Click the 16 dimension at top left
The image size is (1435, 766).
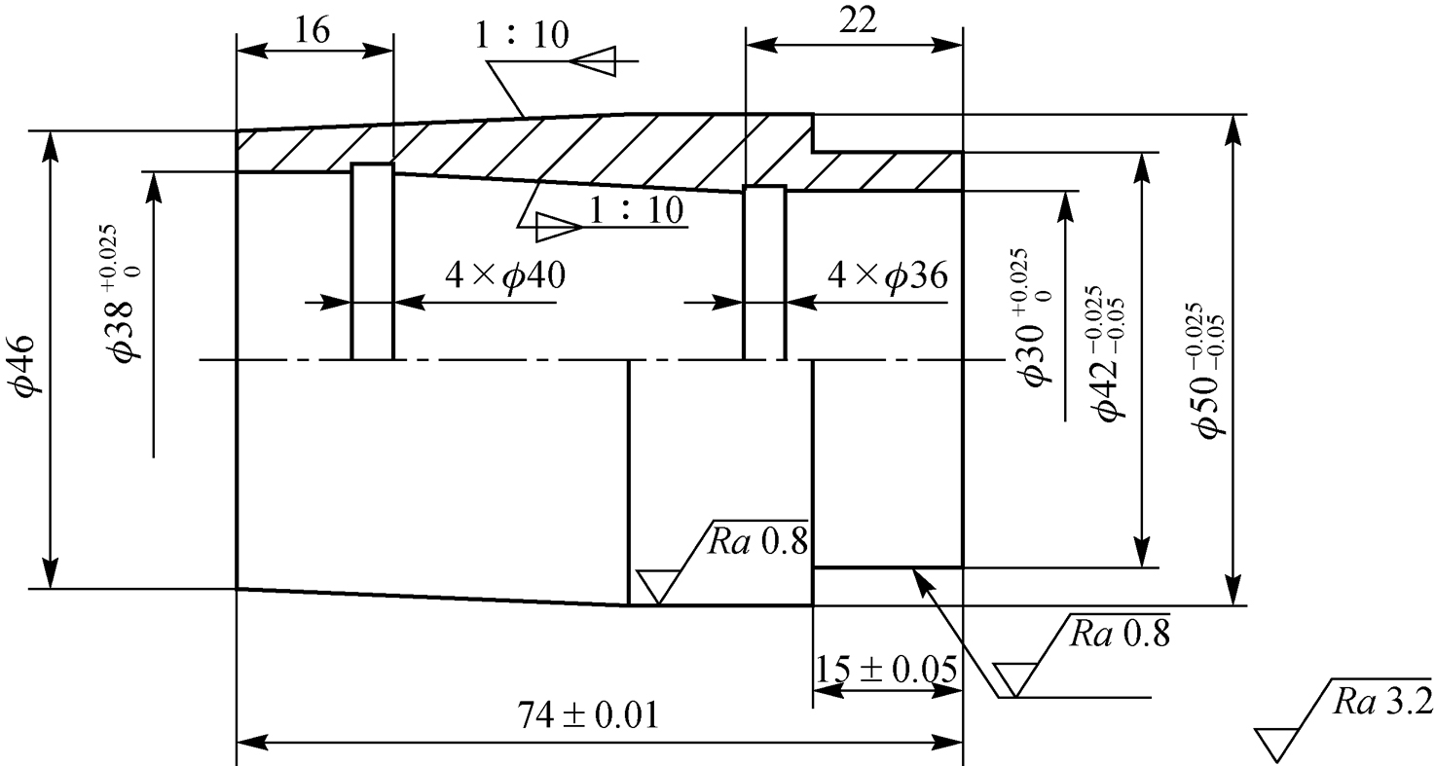pyautogui.click(x=312, y=29)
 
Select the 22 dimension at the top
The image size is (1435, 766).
pyautogui.click(x=857, y=21)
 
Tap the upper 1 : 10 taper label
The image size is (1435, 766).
pyautogui.click(x=522, y=35)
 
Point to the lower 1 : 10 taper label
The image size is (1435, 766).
pyautogui.click(x=636, y=209)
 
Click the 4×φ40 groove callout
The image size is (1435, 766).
pyautogui.click(x=505, y=276)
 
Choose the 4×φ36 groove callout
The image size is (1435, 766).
pyautogui.click(x=887, y=276)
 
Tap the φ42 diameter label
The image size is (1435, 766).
pyautogui.click(x=1106, y=353)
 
